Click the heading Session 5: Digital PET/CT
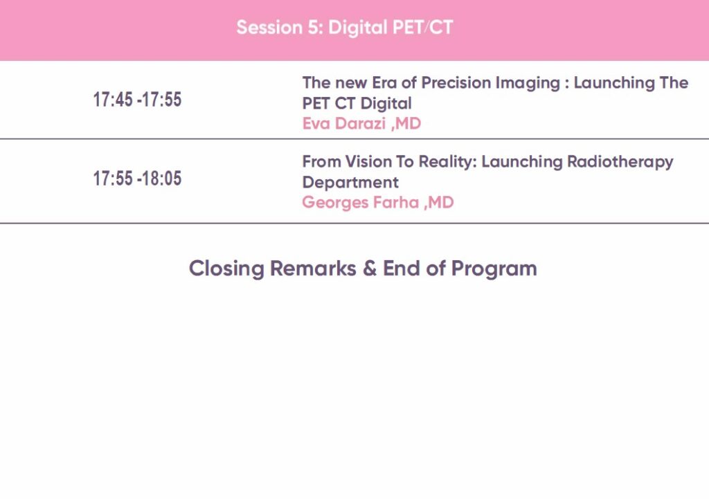[345, 27]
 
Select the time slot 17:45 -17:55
[138, 100]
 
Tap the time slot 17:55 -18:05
[138, 178]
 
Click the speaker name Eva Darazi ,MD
[361, 123]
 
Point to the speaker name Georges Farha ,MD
[378, 202]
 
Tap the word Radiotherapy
[620, 162]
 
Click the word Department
[350, 183]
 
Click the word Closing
[226, 269]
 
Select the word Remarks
[313, 268]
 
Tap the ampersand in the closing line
[370, 268]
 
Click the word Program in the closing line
[494, 269]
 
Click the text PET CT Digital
[357, 104]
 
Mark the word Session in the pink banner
[269, 27]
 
